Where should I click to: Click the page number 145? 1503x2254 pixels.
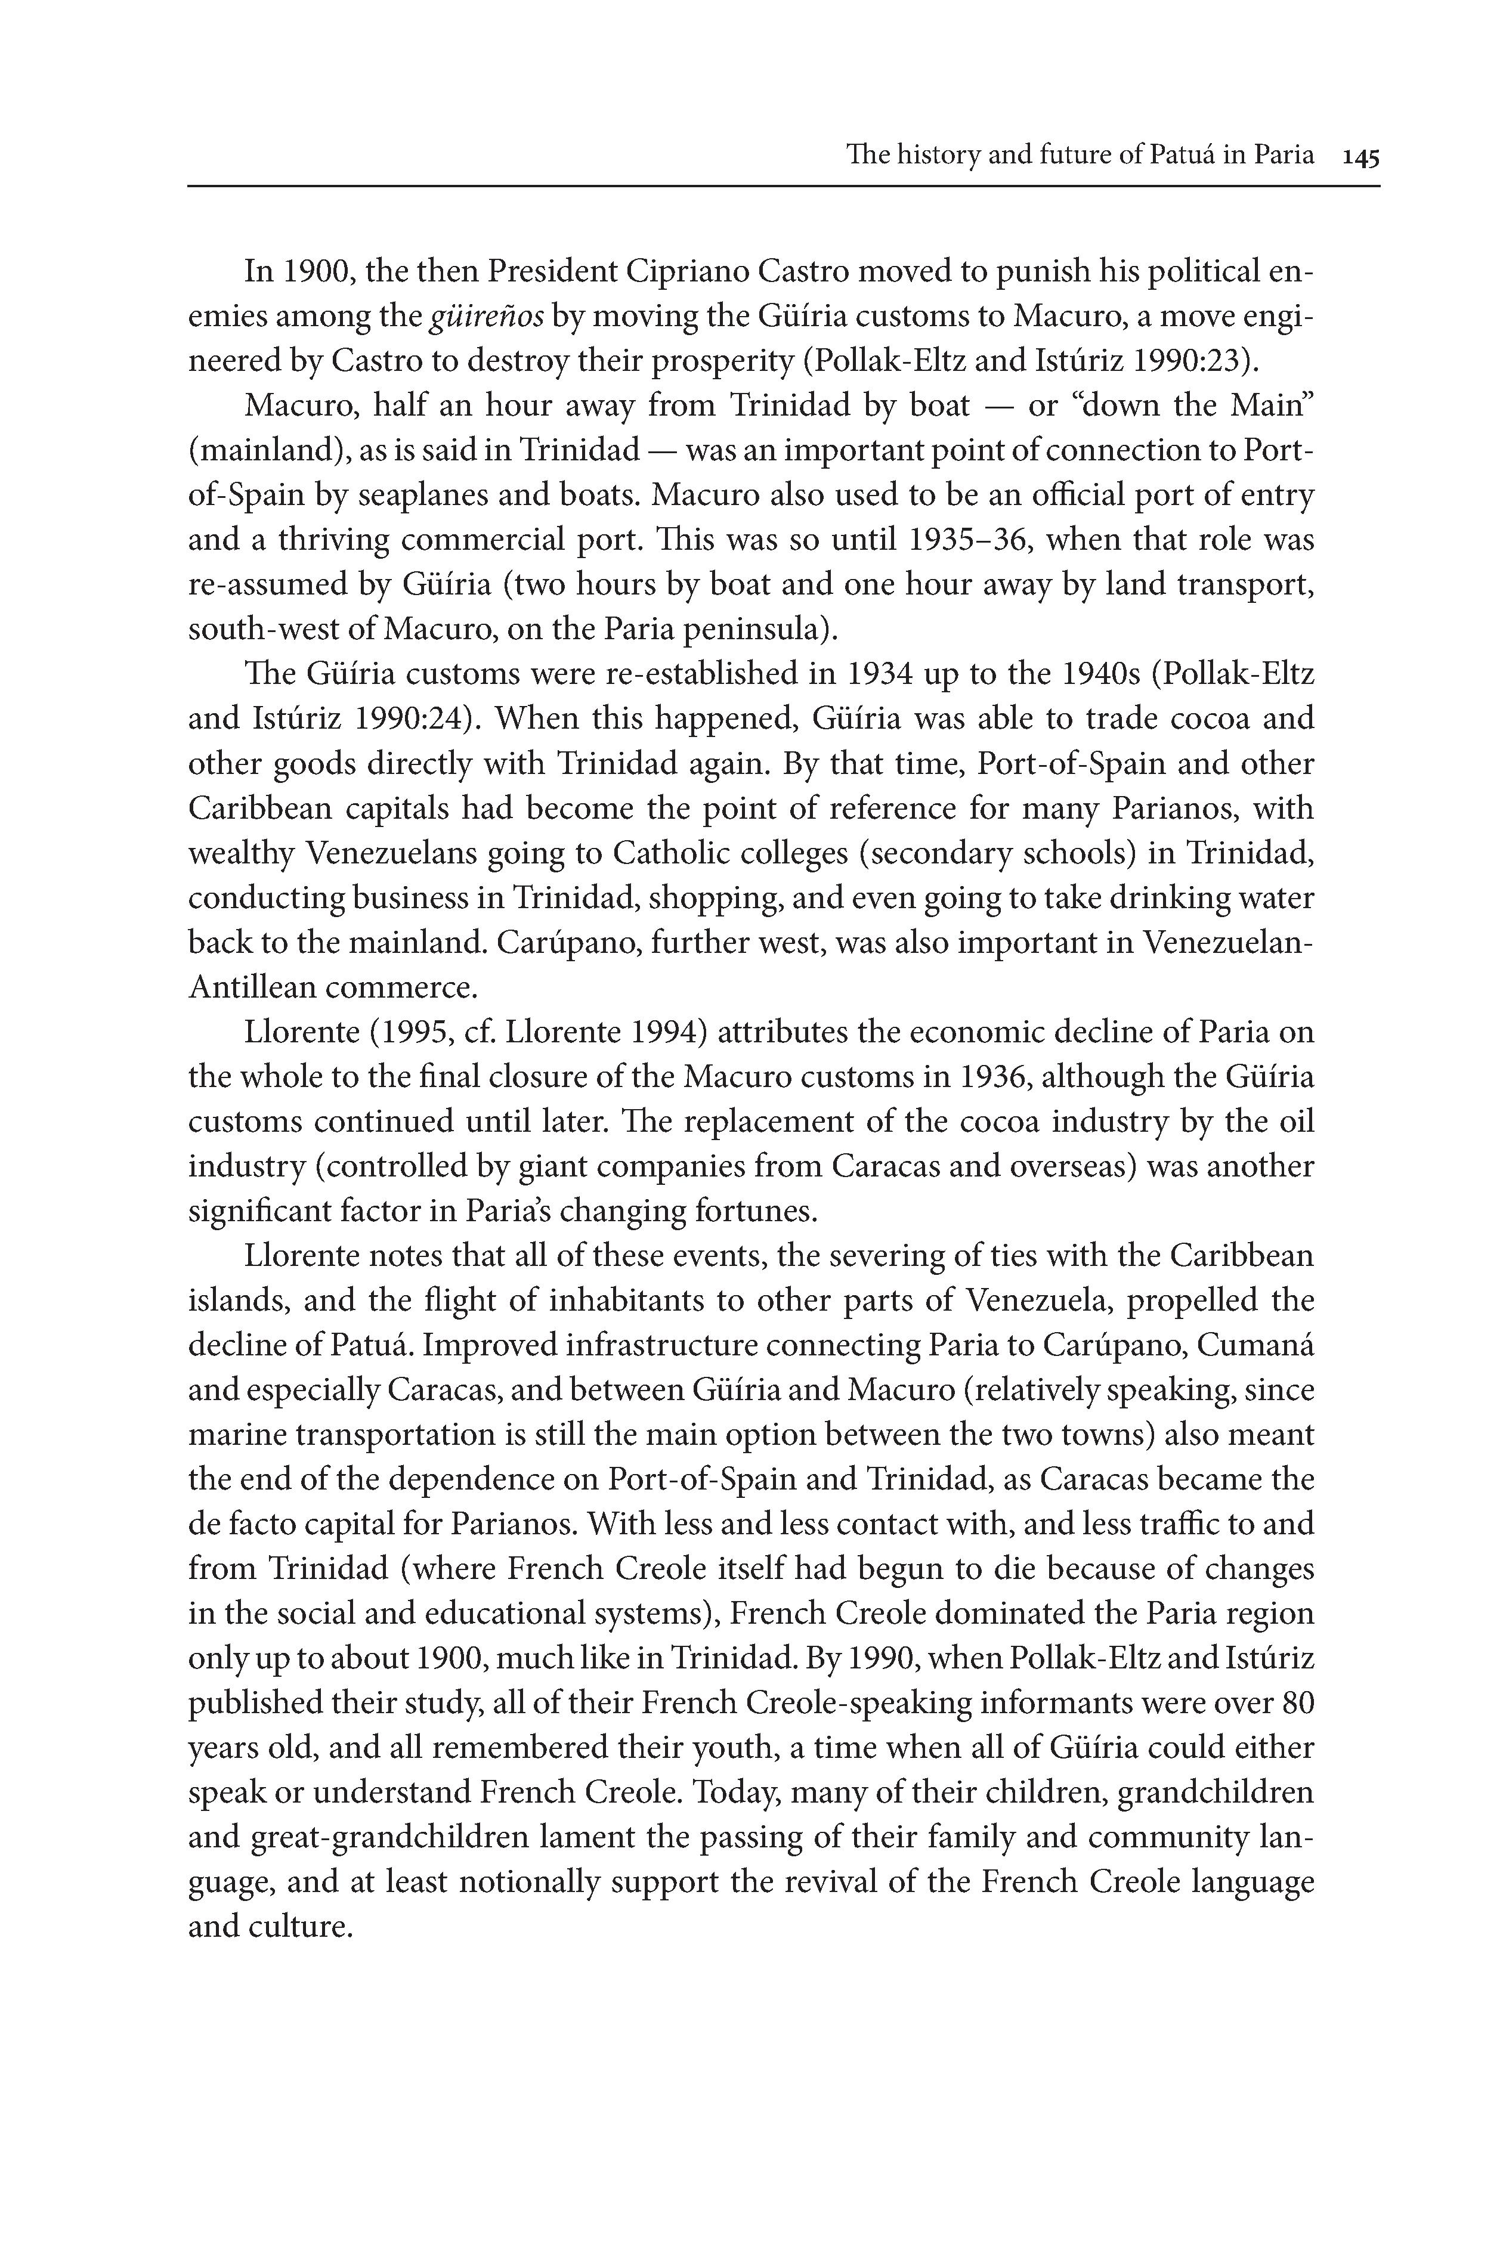coord(1360,156)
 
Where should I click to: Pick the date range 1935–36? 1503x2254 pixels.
coord(968,540)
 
